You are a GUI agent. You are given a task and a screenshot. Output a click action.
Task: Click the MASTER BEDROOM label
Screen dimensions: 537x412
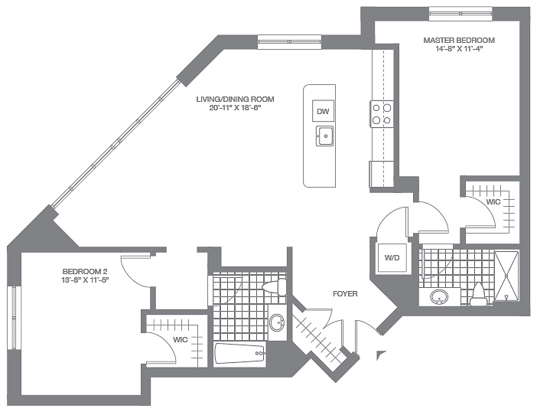click(x=459, y=40)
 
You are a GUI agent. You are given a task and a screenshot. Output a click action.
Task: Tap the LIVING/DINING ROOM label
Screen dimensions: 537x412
click(x=235, y=100)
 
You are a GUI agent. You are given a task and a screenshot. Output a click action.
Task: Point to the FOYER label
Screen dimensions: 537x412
click(x=345, y=294)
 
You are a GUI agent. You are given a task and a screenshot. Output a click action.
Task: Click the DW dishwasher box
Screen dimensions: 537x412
click(x=323, y=111)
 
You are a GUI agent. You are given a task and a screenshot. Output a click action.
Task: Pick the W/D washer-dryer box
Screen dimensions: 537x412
click(x=392, y=257)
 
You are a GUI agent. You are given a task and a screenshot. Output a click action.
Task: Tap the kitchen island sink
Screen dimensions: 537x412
click(x=324, y=136)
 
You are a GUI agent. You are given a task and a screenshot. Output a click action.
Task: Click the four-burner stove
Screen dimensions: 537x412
click(x=382, y=114)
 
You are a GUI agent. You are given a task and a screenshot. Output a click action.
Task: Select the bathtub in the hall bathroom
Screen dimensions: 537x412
click(x=239, y=354)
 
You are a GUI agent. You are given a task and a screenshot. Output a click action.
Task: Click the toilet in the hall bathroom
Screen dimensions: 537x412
click(x=275, y=286)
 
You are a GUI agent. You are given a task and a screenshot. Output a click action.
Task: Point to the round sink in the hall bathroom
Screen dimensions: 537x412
click(x=277, y=323)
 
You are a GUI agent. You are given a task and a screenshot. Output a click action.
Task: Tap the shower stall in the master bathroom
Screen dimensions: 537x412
click(x=507, y=276)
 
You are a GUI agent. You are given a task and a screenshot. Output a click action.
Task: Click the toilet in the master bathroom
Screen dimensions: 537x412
click(x=477, y=295)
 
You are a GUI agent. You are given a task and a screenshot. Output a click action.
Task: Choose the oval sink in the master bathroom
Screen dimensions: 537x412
click(x=439, y=297)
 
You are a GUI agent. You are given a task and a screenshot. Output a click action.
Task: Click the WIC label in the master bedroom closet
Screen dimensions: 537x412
click(x=493, y=202)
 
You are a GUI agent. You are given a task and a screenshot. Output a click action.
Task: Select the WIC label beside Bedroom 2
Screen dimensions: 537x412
click(x=180, y=340)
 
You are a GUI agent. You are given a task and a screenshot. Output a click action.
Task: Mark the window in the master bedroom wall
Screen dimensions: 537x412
click(x=461, y=13)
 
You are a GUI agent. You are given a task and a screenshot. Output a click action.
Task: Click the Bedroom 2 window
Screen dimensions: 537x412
click(x=14, y=318)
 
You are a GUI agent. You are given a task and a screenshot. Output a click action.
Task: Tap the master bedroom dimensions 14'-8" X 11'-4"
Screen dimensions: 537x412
click(x=459, y=49)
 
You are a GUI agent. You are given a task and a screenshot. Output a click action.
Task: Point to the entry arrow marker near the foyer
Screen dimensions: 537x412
click(x=379, y=355)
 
